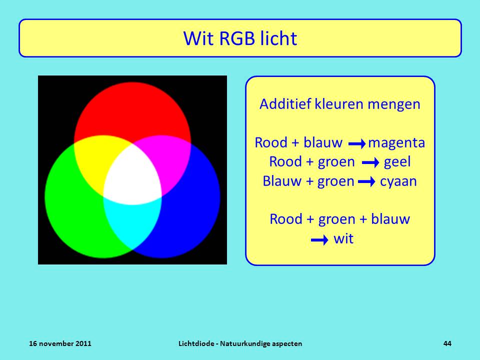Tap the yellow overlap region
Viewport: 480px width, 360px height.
(95, 159)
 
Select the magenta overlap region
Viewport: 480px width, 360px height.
(170, 159)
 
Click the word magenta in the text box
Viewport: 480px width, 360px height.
(396, 142)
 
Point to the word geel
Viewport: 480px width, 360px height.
(397, 162)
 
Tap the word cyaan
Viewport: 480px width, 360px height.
(398, 181)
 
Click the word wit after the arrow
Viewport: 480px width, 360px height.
(343, 238)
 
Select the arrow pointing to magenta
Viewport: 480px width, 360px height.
(357, 143)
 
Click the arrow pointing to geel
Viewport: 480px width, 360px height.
(370, 162)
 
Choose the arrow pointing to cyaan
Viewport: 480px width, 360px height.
(366, 182)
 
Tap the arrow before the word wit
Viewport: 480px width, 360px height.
(319, 240)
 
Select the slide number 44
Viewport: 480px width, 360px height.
(447, 343)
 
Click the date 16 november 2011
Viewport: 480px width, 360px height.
(60, 343)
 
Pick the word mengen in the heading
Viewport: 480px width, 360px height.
(393, 104)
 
